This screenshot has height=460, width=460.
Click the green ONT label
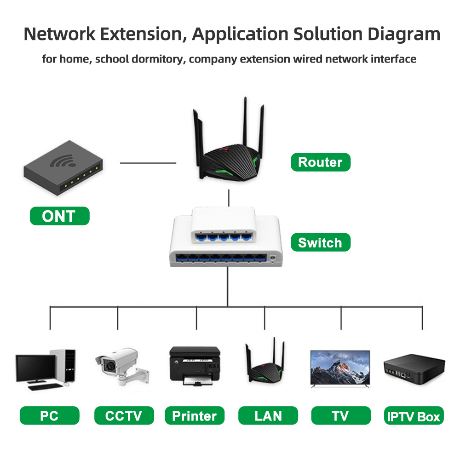coord(59,216)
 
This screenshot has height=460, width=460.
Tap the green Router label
coord(320,162)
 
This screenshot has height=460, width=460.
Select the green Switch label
coord(320,242)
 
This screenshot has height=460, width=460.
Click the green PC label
coord(49,416)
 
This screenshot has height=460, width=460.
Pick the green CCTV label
coord(123,416)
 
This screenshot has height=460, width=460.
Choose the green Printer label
coord(195,416)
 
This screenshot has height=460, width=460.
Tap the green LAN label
coord(268,416)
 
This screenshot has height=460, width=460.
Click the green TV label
coord(340,416)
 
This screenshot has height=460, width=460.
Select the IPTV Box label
coord(414,417)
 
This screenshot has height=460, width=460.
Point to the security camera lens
coord(110,366)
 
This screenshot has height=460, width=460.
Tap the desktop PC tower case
coord(64,365)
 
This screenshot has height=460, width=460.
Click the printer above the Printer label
coord(195,366)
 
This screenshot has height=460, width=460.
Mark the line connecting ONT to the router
coord(148,163)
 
